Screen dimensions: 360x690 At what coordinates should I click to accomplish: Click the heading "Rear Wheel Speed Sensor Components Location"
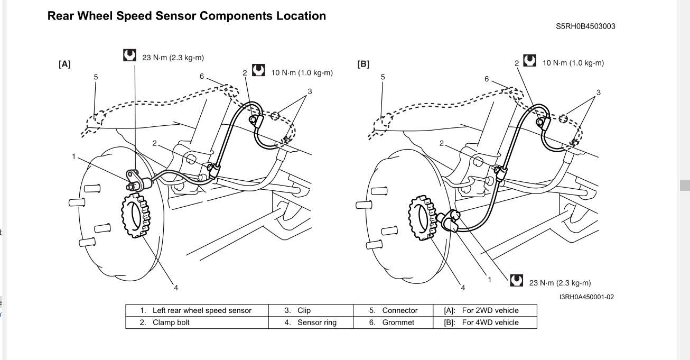[187, 16]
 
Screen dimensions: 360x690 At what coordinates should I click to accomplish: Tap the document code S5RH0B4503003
[585, 26]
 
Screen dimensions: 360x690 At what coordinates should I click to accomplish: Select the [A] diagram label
[64, 64]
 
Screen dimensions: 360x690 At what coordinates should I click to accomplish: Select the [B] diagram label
[363, 64]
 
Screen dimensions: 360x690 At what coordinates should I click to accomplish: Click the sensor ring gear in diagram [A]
[136, 216]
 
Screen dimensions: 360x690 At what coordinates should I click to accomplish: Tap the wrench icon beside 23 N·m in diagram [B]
[517, 281]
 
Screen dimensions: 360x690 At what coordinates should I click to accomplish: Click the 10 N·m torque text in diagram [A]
[302, 72]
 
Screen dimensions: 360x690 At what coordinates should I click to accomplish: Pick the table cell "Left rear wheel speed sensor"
[197, 310]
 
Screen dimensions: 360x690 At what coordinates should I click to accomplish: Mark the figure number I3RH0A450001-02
[586, 297]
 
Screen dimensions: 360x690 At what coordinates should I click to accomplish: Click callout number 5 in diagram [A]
[96, 77]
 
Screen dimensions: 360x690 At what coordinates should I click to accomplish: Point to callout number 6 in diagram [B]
[487, 79]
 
